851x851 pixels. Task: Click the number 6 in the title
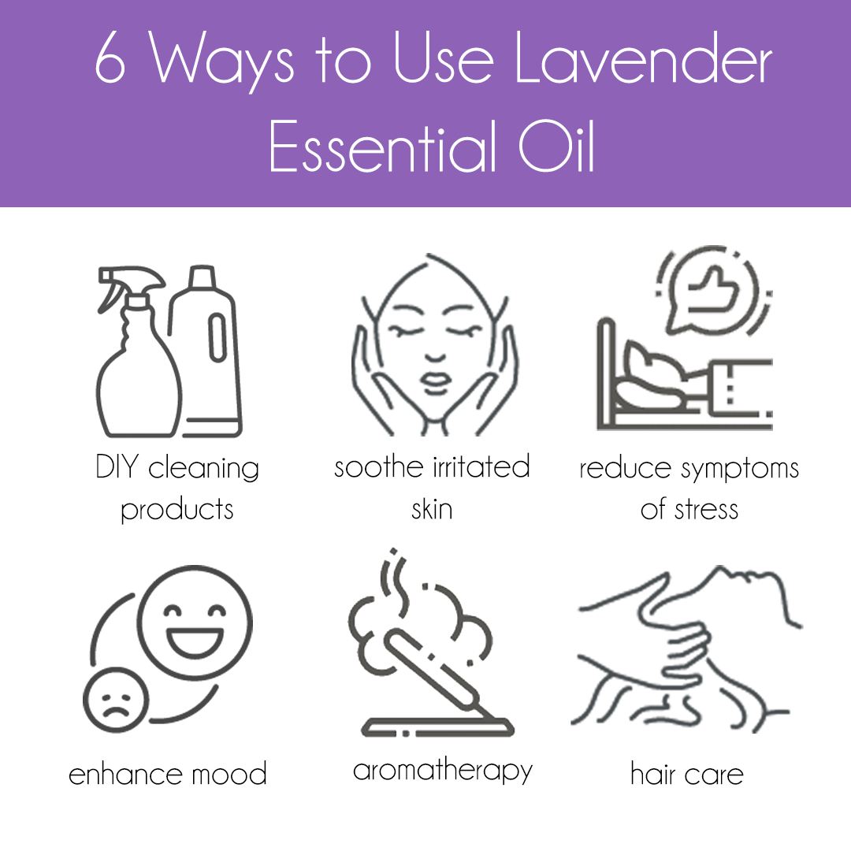coord(111,61)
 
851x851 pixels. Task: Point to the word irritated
coord(481,466)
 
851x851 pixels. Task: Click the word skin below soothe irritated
coord(432,509)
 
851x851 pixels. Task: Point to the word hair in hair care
coord(653,774)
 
